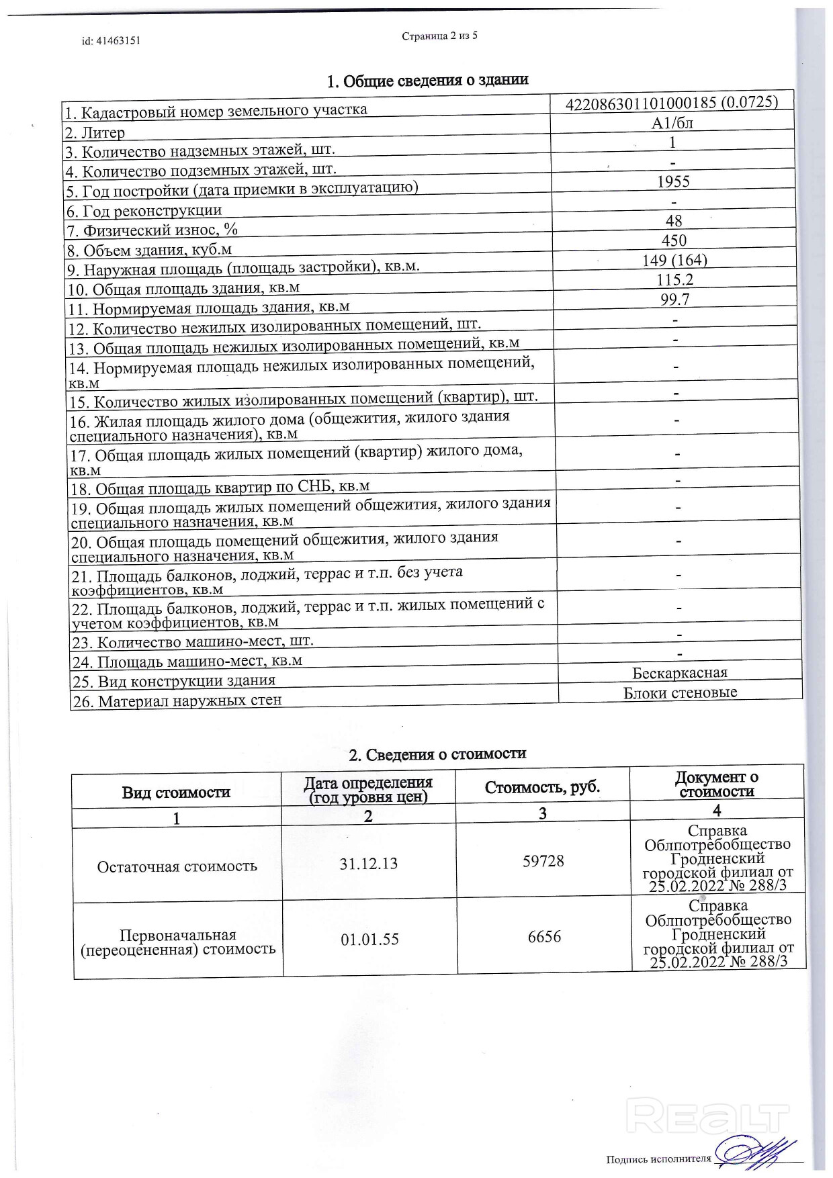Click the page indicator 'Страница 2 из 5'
point(439,36)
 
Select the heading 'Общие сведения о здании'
point(435,81)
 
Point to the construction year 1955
point(673,181)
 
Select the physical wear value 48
point(674,220)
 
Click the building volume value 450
point(674,240)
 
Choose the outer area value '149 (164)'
point(674,260)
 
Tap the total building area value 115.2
point(675,279)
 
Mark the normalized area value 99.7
point(675,299)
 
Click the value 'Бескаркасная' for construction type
point(680,673)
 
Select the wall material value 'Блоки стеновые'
point(680,692)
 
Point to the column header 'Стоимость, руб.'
point(542,787)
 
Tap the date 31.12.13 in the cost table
point(368,864)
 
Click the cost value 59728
point(543,861)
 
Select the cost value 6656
point(544,937)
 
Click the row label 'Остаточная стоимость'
point(177,866)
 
